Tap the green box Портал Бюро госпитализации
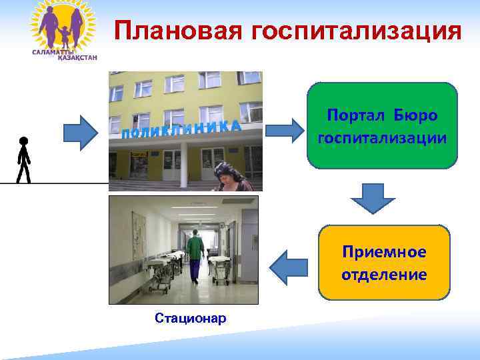382,125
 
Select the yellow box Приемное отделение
385,263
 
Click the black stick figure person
23,160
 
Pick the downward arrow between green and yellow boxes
373,198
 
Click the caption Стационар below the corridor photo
190,318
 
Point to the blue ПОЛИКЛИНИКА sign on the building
181,129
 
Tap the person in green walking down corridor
195,253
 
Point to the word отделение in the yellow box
385,274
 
